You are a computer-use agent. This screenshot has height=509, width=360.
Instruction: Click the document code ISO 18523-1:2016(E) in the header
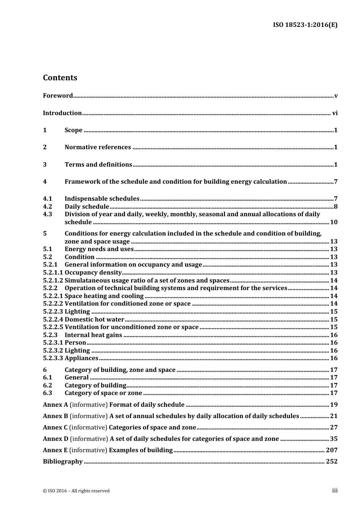click(x=305, y=25)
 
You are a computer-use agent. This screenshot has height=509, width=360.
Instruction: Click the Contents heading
click(x=60, y=78)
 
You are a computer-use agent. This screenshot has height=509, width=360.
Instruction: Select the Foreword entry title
click(x=58, y=96)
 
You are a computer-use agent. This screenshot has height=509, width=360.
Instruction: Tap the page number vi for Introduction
click(x=335, y=113)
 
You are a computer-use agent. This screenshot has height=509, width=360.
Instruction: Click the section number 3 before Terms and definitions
click(x=45, y=164)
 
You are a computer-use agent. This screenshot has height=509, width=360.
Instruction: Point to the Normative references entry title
click(x=98, y=147)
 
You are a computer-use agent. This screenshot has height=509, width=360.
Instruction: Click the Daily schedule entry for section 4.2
click(x=87, y=206)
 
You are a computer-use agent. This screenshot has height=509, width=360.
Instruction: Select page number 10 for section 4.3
click(x=334, y=222)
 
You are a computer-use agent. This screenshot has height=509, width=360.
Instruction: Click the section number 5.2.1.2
click(x=53, y=281)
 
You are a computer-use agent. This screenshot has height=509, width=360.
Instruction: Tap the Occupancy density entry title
click(x=93, y=273)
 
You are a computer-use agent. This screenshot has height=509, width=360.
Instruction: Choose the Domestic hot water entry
click(x=94, y=319)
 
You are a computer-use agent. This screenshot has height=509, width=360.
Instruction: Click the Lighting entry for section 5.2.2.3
click(x=77, y=312)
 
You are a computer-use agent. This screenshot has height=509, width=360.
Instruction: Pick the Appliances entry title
click(x=81, y=358)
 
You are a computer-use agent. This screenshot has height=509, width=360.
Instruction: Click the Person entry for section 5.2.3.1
click(x=75, y=343)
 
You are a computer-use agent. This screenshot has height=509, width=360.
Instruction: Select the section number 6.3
click(x=47, y=393)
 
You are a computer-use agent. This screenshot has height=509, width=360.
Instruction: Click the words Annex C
click(x=55, y=428)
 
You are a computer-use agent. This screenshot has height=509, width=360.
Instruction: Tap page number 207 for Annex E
click(x=332, y=450)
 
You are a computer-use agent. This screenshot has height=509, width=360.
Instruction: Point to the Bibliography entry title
click(x=63, y=462)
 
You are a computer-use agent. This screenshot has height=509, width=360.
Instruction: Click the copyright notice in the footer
click(x=76, y=491)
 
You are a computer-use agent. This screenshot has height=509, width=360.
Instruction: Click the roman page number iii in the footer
click(x=335, y=490)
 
